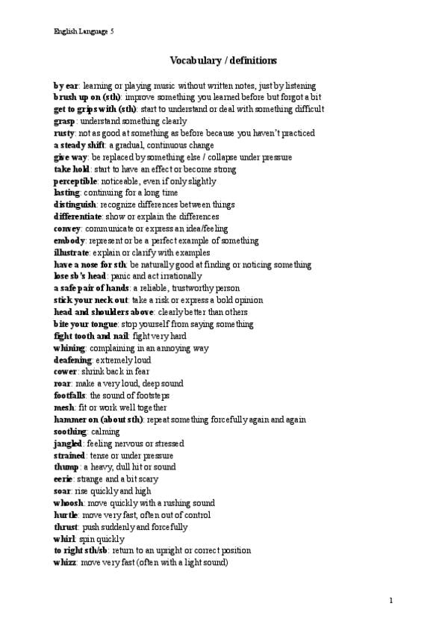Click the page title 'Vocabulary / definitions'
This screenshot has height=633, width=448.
tap(223, 60)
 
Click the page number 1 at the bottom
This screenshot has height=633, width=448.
tap(391, 600)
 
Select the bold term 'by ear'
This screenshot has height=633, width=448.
tap(66, 86)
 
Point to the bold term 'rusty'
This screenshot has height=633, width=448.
tap(64, 134)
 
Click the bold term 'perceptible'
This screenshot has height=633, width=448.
tap(75, 181)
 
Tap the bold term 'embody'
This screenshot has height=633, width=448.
tap(69, 240)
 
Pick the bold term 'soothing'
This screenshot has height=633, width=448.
tap(70, 431)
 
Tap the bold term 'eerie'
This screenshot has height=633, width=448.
tap(63, 479)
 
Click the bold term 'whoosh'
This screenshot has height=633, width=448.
tap(69, 503)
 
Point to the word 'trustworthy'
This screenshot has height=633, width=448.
tap(193, 288)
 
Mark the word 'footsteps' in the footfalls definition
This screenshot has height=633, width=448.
tap(152, 396)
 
